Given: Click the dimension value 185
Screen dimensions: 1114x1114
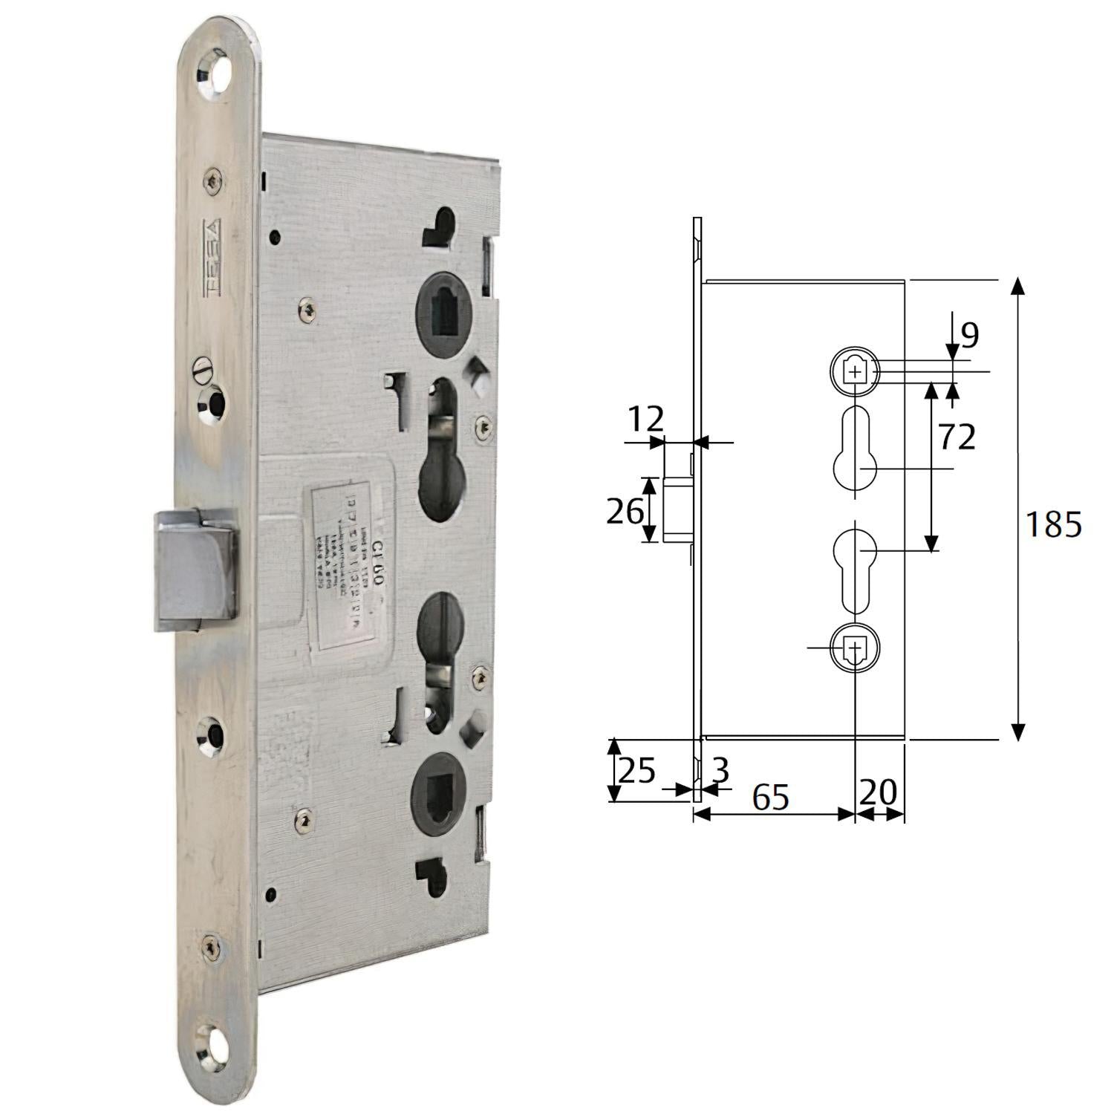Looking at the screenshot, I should tap(1052, 525).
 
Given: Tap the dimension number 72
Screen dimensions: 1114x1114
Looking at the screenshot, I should tap(957, 437).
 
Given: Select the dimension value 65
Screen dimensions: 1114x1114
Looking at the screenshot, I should tap(770, 797).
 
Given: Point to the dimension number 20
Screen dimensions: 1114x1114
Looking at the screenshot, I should tap(879, 792).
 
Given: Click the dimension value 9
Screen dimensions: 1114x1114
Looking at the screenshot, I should tap(969, 335).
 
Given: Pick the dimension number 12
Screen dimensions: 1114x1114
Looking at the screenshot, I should tap(645, 420).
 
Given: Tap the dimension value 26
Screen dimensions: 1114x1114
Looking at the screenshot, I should tap(624, 511).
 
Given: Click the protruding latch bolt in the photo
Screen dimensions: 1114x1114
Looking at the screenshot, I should tap(197, 570).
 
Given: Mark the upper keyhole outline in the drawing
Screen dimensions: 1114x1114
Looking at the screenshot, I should tap(855, 449).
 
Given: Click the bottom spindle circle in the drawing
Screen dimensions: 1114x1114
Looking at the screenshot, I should tap(855, 648).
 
